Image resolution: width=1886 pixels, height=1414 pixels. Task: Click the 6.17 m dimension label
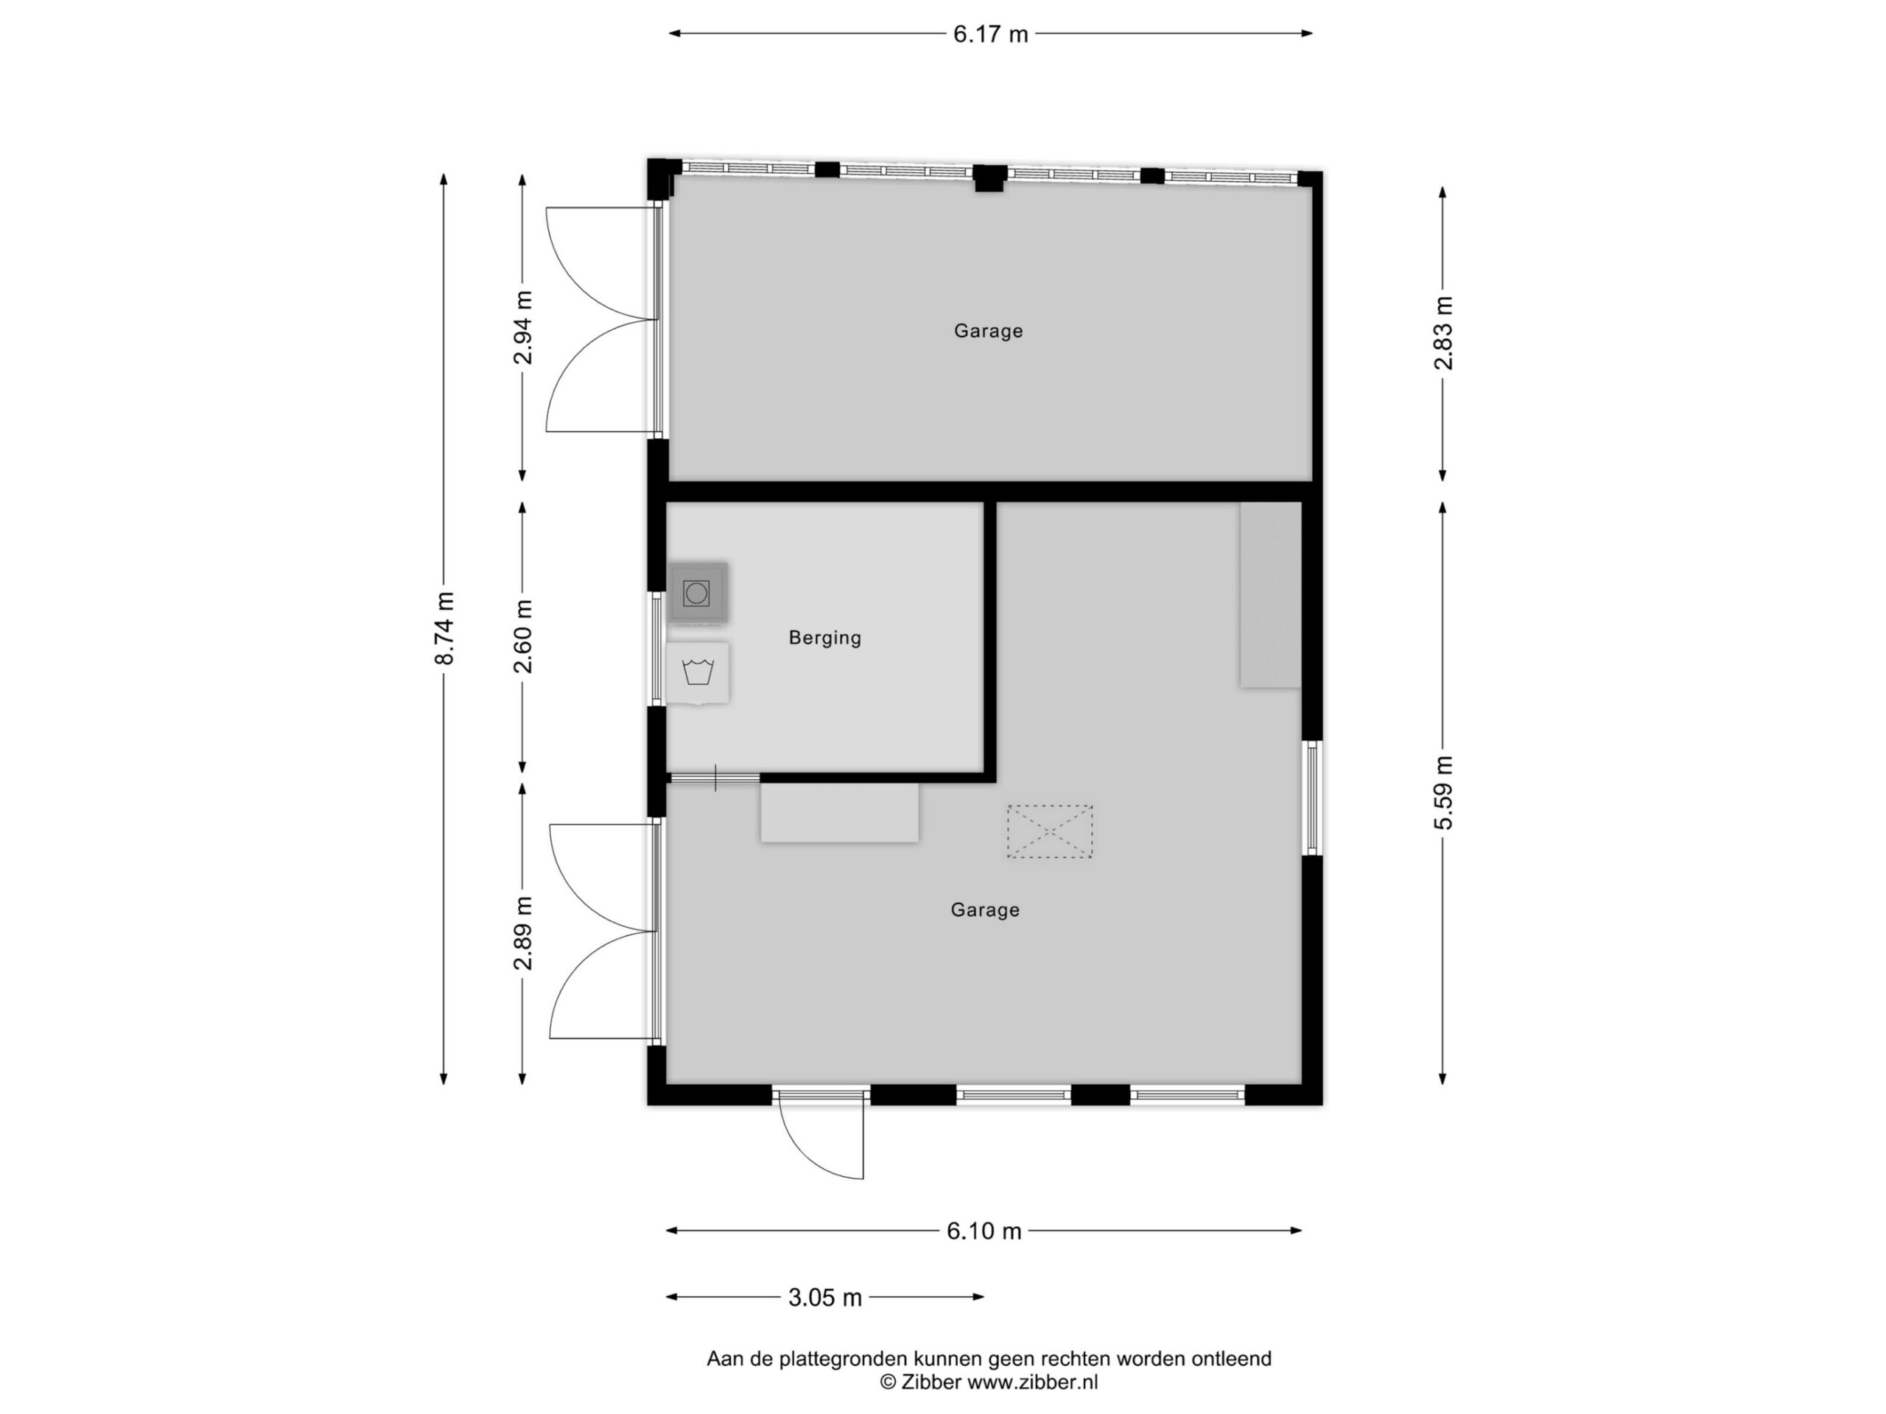(990, 34)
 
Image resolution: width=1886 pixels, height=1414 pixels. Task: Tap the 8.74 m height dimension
(444, 628)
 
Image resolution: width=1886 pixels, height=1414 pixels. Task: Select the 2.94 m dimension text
(522, 327)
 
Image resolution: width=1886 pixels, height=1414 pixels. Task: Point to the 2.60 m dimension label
(522, 636)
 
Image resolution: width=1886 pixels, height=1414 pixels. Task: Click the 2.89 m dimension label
(522, 933)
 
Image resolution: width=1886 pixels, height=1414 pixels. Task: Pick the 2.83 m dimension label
(1442, 334)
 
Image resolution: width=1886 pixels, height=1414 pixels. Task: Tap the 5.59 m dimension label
(1442, 792)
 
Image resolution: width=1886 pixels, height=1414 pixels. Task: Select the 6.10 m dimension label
(984, 1231)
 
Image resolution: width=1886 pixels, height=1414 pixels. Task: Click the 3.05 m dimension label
(824, 1297)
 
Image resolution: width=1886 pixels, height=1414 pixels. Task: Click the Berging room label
(824, 638)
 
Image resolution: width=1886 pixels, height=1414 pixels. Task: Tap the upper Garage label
(988, 331)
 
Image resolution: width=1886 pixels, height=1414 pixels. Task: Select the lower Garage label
(985, 910)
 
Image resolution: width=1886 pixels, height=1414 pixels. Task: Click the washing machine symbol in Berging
(698, 592)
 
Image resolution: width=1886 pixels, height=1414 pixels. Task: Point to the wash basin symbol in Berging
(698, 672)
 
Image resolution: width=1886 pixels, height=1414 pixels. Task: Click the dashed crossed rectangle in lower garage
(1050, 831)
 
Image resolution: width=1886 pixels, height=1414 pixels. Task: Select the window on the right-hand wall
(1312, 798)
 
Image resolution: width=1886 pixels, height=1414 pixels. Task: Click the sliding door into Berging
(715, 777)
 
